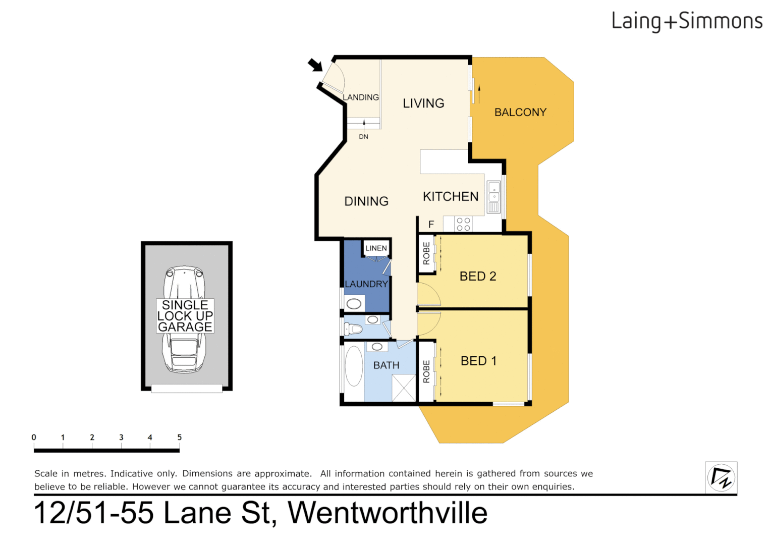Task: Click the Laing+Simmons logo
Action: pos(687,21)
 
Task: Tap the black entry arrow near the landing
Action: pos(315,65)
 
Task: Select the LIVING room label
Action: pos(423,103)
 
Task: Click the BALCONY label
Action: pos(520,113)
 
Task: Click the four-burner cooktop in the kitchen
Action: pos(463,224)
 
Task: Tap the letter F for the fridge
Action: pos(431,224)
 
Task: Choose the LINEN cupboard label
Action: pos(376,248)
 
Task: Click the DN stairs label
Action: pos(363,137)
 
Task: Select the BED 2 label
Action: pos(478,277)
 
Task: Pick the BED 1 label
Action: pos(478,361)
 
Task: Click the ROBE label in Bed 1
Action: pos(426,371)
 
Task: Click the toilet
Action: pos(353,330)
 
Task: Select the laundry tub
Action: pos(354,303)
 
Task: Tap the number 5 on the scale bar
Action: pos(179,438)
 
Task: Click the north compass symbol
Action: pos(721,477)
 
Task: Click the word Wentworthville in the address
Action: pos(388,513)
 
